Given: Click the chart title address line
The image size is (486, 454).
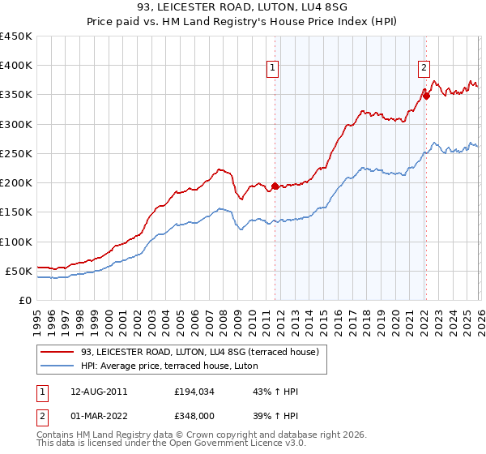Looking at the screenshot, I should pyautogui.click(x=242, y=9).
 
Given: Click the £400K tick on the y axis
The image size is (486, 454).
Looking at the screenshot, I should pyautogui.click(x=16, y=66).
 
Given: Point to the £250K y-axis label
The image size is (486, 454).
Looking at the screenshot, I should pyautogui.click(x=16, y=153).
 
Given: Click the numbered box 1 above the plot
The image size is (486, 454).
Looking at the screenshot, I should pyautogui.click(x=274, y=69).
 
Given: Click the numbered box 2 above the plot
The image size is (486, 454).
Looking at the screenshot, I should pyautogui.click(x=424, y=69).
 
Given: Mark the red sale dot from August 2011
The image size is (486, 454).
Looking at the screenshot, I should pyautogui.click(x=275, y=186).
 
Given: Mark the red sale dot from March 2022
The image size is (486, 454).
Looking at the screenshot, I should pyautogui.click(x=426, y=96).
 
